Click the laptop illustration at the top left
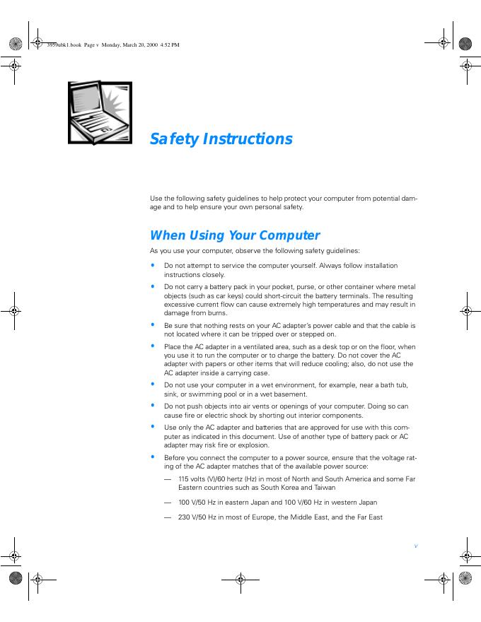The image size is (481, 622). coord(100,112)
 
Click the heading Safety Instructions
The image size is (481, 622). coord(221,139)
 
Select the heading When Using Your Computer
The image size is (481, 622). coord(235,235)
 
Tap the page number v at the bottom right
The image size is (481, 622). coord(416,546)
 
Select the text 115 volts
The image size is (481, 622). coord(192,479)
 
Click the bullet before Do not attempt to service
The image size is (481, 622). coord(152,266)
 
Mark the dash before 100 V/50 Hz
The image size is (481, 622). coord(168,503)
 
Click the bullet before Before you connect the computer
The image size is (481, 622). coord(152,458)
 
